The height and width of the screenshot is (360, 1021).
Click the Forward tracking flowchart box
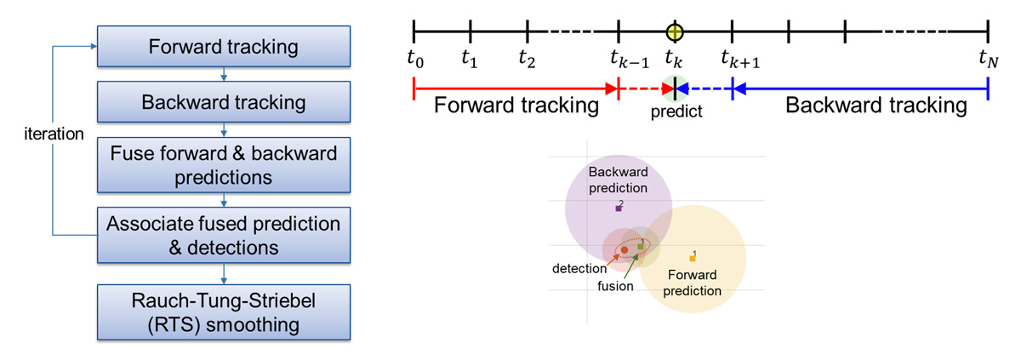point(223,46)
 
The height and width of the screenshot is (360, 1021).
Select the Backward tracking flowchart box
point(223,103)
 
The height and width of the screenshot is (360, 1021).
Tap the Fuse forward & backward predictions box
point(223,166)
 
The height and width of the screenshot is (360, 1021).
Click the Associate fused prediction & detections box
point(223,235)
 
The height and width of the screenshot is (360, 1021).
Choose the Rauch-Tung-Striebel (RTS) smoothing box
point(223,312)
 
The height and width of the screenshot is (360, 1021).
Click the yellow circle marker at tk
point(675,32)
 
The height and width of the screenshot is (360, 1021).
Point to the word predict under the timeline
point(677,111)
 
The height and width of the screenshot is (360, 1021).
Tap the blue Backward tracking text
point(876,106)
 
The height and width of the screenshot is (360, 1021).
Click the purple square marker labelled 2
point(619,208)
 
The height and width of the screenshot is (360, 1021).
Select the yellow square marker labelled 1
point(693,256)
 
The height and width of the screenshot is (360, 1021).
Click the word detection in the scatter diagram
point(579,269)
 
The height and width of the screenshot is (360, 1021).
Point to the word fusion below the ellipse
point(614,286)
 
